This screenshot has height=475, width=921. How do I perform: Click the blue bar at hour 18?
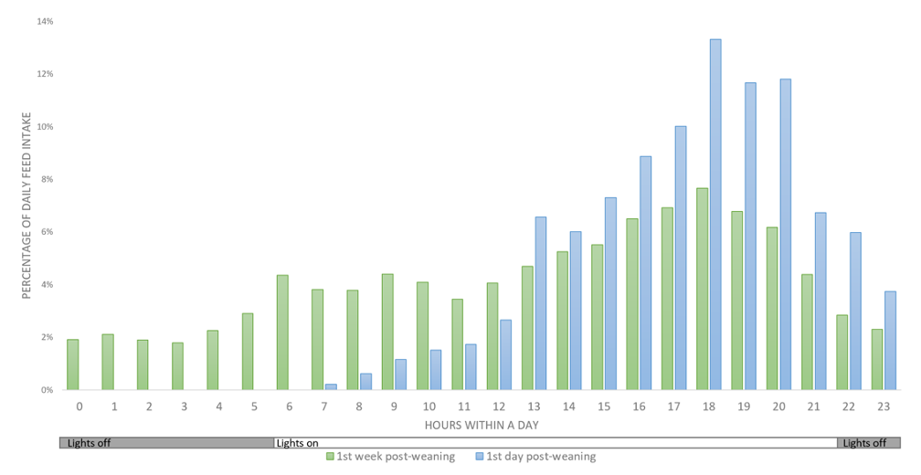click(715, 215)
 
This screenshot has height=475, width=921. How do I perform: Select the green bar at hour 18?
click(702, 289)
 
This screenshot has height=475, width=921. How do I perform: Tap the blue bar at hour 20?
click(785, 234)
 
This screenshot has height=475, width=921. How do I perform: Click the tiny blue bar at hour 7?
click(331, 386)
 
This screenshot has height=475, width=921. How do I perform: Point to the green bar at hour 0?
click(73, 364)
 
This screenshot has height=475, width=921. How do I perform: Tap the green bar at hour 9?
click(387, 332)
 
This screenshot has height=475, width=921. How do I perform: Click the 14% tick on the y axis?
click(44, 21)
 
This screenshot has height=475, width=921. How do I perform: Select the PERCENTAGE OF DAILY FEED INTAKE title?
click(27, 206)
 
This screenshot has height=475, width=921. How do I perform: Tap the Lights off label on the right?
click(864, 443)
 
